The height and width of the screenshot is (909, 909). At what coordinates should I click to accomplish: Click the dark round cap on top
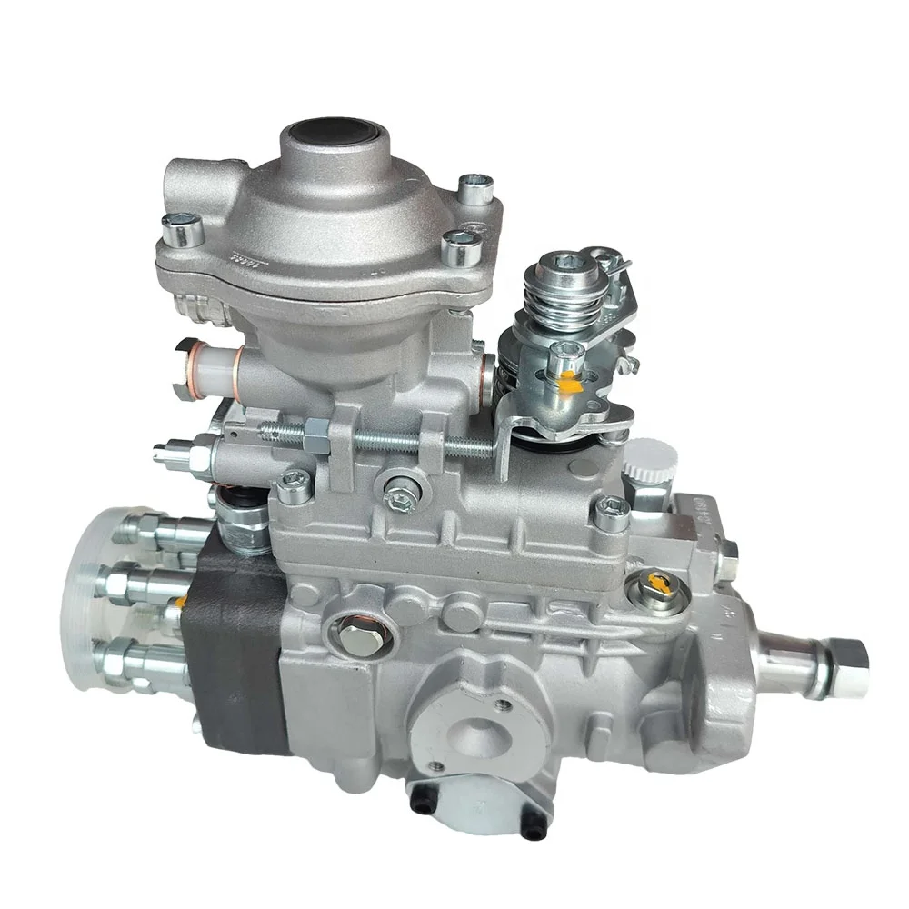click(x=330, y=132)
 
